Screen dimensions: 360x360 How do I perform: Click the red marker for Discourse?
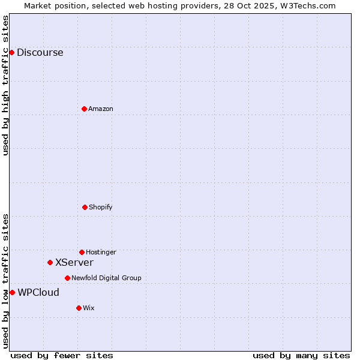pos(11,52)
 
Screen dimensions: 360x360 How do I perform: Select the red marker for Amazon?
pos(84,109)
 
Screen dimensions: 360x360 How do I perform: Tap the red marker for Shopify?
pos(85,207)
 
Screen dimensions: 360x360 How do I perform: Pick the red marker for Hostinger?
pos(82,252)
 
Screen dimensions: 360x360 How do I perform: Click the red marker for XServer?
pos(50,262)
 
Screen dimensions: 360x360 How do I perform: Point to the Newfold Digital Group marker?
pos(67,278)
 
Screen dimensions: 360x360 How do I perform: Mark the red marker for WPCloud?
pos(12,292)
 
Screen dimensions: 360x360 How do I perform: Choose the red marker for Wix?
pos(79,308)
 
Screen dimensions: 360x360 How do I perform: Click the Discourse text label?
pos(40,52)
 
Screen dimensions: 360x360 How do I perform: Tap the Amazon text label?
pos(101,109)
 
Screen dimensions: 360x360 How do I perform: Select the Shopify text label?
pos(101,207)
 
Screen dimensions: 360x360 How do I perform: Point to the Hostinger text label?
pos(101,252)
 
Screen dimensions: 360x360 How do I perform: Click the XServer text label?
pos(74,262)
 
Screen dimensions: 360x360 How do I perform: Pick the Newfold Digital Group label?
pos(106,278)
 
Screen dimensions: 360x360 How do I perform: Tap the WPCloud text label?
pos(38,292)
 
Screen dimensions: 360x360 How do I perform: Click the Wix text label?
pos(89,308)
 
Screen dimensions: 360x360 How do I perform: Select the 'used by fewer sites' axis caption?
pos(62,355)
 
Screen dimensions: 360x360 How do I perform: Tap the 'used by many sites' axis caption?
pos(301,355)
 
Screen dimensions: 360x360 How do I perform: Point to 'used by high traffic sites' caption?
pos(5,85)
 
